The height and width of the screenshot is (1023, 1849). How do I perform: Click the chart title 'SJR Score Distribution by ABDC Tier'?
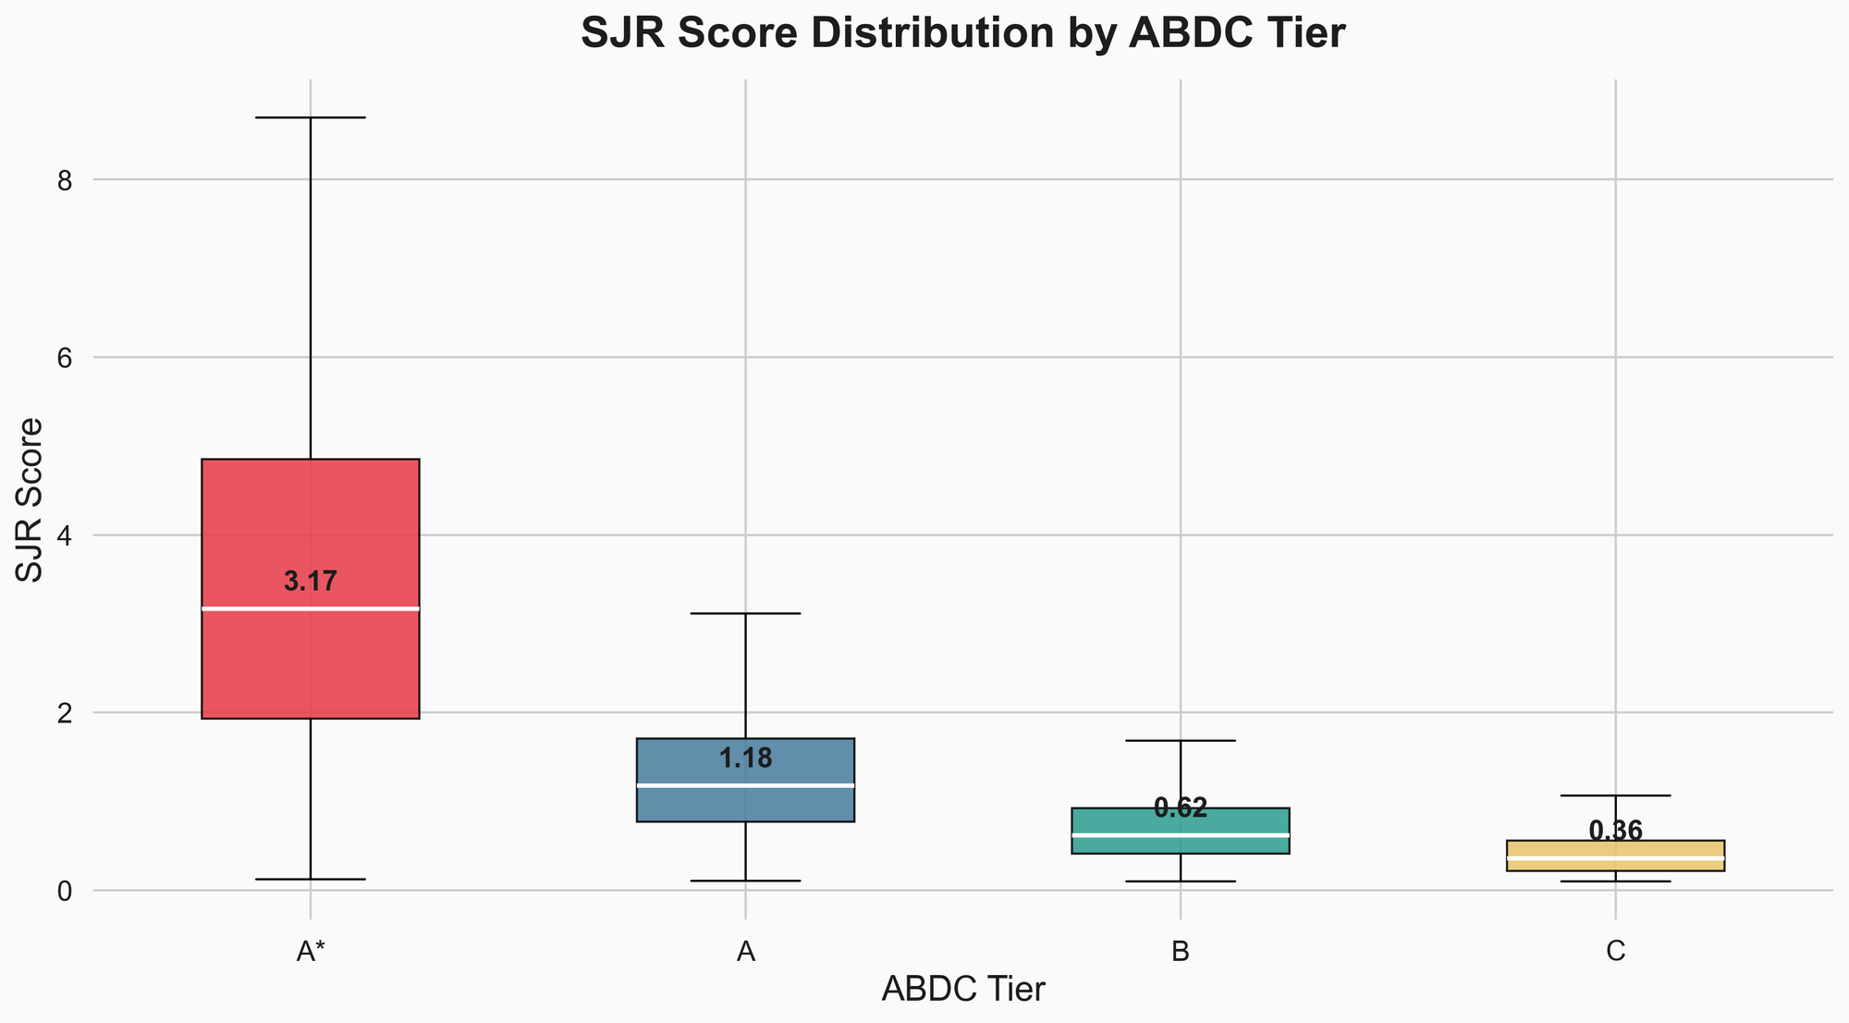click(962, 34)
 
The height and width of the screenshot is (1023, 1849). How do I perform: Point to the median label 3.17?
click(311, 583)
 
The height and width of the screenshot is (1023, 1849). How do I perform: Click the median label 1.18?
click(745, 759)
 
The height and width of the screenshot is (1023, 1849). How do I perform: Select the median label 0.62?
click(1181, 808)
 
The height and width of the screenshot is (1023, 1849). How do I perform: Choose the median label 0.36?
click(1615, 832)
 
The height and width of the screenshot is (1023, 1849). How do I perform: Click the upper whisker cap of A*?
click(311, 117)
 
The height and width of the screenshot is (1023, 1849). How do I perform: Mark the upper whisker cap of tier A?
click(745, 613)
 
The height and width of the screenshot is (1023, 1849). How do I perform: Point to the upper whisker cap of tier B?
click(1181, 741)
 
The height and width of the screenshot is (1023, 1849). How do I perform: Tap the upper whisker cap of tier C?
click(1615, 795)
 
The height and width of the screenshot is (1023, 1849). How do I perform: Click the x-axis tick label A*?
click(311, 954)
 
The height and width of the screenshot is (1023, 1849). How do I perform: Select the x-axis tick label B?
click(1181, 954)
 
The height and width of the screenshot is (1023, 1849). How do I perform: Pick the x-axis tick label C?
click(1615, 954)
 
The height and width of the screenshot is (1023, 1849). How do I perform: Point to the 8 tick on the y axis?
click(64, 180)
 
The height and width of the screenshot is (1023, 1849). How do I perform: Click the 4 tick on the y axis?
click(64, 536)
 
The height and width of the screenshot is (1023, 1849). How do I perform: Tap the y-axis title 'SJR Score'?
click(31, 499)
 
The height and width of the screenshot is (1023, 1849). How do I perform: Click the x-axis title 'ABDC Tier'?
click(962, 990)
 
